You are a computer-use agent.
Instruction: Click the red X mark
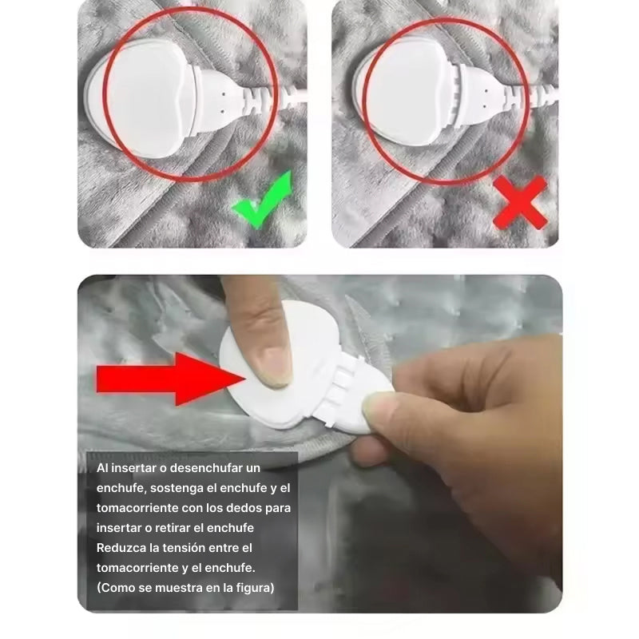pyautogui.click(x=520, y=203)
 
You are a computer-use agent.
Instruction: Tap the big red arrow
pyautogui.click(x=170, y=379)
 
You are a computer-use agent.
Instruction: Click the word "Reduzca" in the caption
pyautogui.click(x=121, y=548)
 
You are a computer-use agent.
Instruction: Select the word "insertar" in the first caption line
pyautogui.click(x=134, y=468)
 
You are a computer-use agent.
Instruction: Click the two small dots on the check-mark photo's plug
pyautogui.click(x=223, y=102)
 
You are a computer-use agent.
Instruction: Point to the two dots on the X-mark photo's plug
pyautogui.click(x=485, y=98)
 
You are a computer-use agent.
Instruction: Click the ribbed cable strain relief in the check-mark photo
pyautogui.click(x=256, y=99)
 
